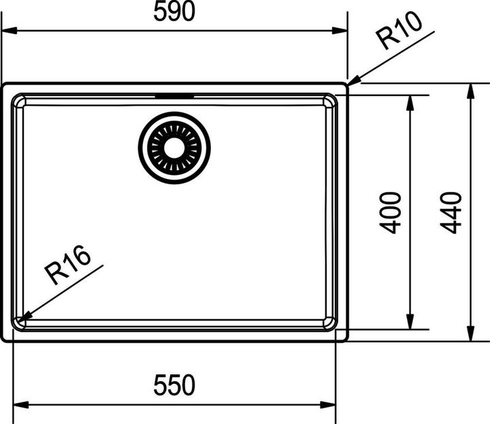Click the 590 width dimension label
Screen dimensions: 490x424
pyautogui.click(x=174, y=11)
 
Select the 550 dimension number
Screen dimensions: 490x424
pyautogui.click(x=174, y=385)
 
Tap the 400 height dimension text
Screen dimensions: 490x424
pyautogui.click(x=390, y=213)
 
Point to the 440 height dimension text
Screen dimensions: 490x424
pyautogui.click(x=451, y=213)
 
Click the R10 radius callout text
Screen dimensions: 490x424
pyautogui.click(x=399, y=31)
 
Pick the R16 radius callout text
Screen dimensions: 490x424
pyautogui.click(x=67, y=265)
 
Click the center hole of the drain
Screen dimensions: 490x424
pyautogui.click(x=174, y=148)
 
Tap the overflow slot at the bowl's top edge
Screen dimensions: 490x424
pyautogui.click(x=174, y=95)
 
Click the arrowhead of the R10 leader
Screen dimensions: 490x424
pyautogui.click(x=354, y=81)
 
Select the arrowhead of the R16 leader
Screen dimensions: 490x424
pyautogui.click(x=24, y=317)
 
